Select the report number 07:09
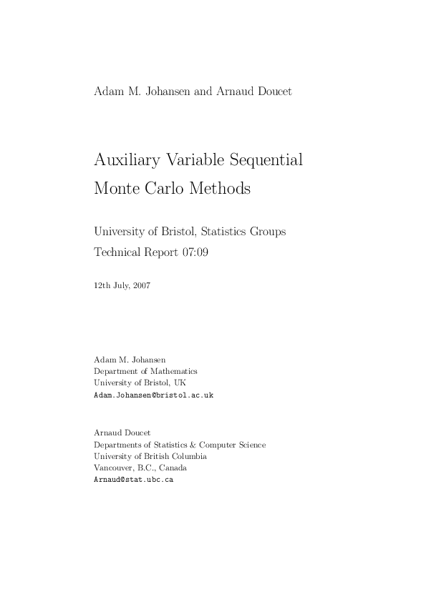coord(193,252)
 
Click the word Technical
coord(119,252)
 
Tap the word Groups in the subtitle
coord(265,231)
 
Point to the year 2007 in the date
coord(141,285)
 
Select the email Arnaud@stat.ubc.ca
coord(134,480)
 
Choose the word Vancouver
coord(112,468)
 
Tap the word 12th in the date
coord(101,285)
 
